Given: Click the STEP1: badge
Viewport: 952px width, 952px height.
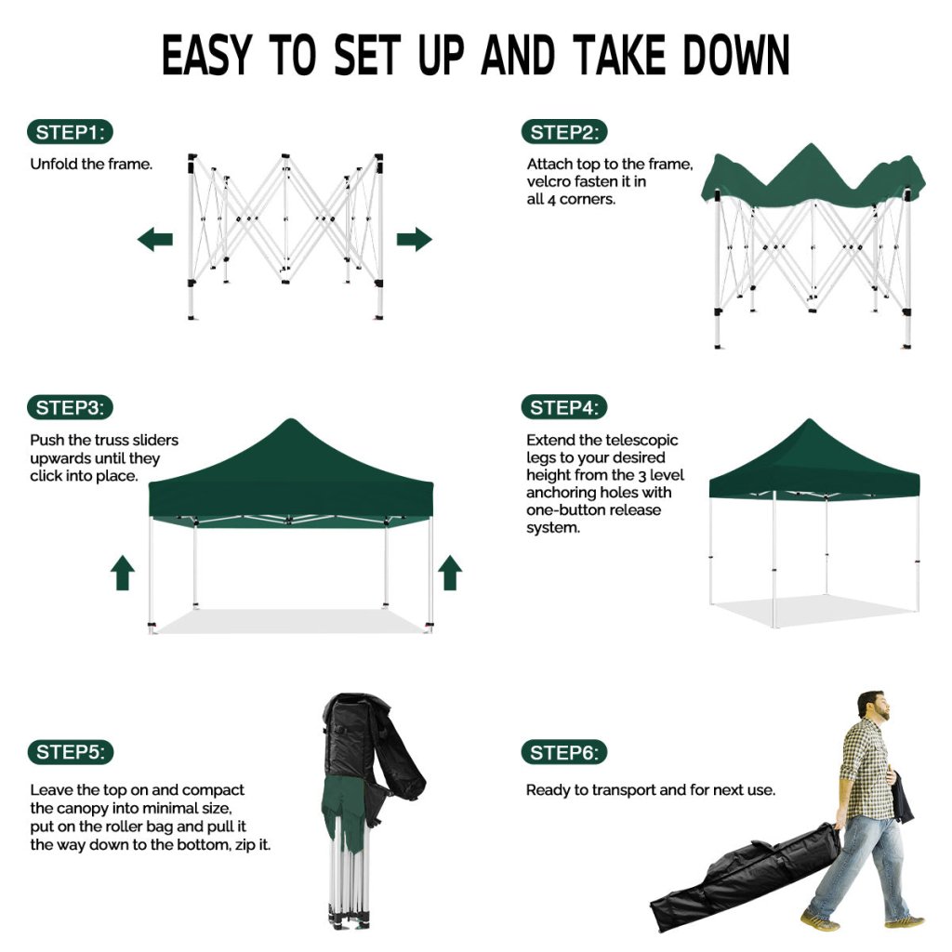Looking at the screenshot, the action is [x=70, y=132].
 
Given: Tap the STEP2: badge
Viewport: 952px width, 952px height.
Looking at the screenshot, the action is [x=564, y=132].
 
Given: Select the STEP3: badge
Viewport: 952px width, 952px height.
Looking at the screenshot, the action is [x=70, y=407].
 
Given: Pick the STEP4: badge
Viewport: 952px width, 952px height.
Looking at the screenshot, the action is [x=564, y=407].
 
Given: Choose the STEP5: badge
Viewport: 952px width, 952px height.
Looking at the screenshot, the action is [x=71, y=752].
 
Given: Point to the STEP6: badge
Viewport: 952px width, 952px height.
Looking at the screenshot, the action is [x=564, y=753].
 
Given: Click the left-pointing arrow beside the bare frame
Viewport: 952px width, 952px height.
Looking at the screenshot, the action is [x=155, y=239].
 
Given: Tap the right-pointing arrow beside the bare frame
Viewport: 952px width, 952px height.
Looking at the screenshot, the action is [x=414, y=239].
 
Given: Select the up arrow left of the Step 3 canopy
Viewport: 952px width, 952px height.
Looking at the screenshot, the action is [x=123, y=573].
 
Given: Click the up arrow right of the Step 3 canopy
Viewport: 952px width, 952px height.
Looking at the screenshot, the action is [x=450, y=573].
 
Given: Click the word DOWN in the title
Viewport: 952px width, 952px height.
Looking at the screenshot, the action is [x=736, y=55].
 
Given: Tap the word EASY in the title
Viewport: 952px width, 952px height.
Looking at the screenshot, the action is [x=206, y=55].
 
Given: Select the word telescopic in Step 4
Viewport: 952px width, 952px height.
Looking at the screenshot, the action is [x=641, y=440].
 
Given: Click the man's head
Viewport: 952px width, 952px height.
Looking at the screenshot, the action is [x=873, y=706].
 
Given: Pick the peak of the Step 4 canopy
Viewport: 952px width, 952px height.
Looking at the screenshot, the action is [x=809, y=419].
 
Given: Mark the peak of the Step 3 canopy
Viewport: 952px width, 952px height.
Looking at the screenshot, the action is [x=290, y=420].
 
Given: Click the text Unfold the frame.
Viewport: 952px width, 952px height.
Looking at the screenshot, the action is [x=91, y=164].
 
